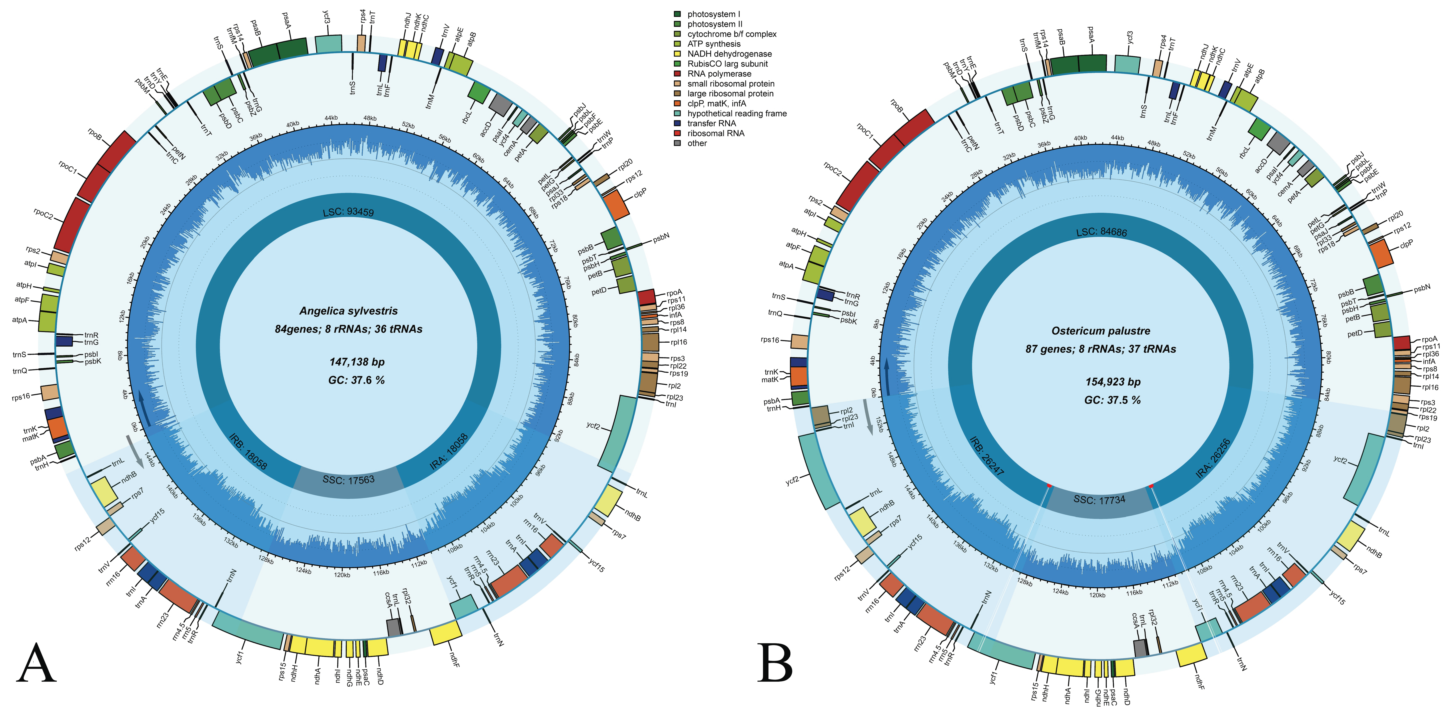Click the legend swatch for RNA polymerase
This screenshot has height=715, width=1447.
click(x=677, y=74)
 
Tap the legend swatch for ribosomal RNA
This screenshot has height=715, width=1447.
click(x=677, y=133)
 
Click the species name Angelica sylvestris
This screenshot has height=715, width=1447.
click(x=348, y=311)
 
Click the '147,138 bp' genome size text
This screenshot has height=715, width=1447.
click(x=357, y=362)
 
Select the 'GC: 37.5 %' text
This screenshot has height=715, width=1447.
click(x=1112, y=400)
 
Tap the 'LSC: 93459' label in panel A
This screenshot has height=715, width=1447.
click(x=348, y=212)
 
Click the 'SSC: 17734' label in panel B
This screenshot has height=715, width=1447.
click(x=1099, y=499)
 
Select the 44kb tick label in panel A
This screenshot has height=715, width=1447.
click(x=331, y=118)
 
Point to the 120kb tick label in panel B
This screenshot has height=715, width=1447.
click(x=1097, y=595)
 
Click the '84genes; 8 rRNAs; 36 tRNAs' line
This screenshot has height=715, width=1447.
click(x=348, y=329)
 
